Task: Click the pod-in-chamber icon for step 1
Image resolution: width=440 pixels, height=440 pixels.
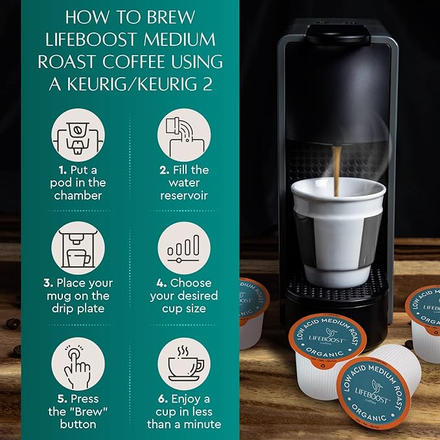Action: pyautogui.click(x=78, y=135)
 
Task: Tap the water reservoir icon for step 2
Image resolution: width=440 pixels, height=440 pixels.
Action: pyautogui.click(x=184, y=135)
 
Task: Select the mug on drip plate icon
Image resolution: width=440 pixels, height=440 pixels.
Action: pyautogui.click(x=78, y=248)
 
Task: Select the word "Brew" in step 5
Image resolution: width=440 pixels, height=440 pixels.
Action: pyautogui.click(x=91, y=412)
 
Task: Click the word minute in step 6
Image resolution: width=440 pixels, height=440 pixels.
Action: pyautogui.click(x=201, y=424)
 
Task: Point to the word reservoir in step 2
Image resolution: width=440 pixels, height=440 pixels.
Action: pyautogui.click(x=184, y=195)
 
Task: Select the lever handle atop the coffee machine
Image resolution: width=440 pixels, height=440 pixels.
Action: pyautogui.click(x=337, y=32)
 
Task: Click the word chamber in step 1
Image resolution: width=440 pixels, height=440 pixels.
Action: pyautogui.click(x=78, y=195)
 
